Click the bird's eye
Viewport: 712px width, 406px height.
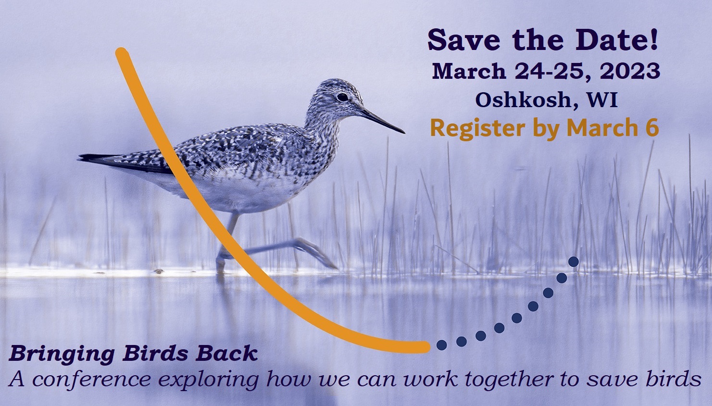342,97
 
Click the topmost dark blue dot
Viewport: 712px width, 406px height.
573,261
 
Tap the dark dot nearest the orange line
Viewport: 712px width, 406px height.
441,344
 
